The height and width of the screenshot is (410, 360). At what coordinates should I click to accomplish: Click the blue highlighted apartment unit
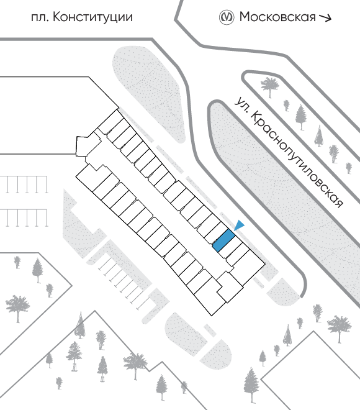click(223, 240)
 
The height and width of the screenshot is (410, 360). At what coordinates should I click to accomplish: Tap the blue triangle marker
click(240, 225)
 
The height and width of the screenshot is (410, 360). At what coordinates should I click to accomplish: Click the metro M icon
click(226, 17)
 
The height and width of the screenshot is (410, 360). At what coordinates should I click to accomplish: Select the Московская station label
click(277, 17)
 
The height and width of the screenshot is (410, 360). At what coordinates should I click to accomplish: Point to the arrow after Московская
click(325, 18)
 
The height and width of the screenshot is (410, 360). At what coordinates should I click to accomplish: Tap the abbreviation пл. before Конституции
click(40, 18)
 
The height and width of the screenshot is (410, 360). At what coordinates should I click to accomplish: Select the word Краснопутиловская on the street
click(297, 160)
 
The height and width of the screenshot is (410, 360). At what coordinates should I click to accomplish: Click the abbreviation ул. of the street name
click(241, 105)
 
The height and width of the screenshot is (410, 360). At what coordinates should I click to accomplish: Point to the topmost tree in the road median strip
click(269, 86)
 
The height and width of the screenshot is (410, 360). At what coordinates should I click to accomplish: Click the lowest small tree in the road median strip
click(349, 168)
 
